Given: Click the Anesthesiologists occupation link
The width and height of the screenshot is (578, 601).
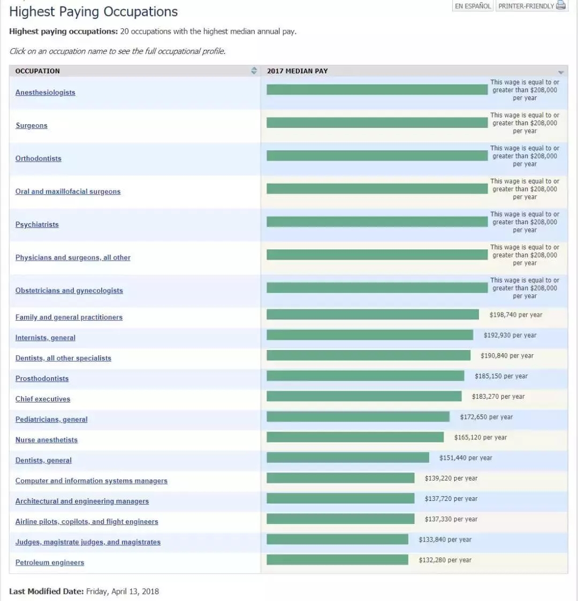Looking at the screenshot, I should pyautogui.click(x=45, y=93).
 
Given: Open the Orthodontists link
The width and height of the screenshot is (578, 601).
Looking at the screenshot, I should pyautogui.click(x=38, y=158).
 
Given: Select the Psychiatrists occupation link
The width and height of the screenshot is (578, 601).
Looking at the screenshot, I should pyautogui.click(x=37, y=225).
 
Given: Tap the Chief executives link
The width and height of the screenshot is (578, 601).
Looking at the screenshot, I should pyautogui.click(x=43, y=399).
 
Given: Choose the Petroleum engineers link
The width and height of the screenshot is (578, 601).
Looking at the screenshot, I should pyautogui.click(x=50, y=562).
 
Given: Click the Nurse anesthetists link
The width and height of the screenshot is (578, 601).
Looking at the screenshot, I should pyautogui.click(x=47, y=440).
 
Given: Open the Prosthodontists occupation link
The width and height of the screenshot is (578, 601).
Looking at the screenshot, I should pyautogui.click(x=42, y=379).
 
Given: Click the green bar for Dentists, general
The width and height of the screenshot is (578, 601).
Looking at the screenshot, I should pyautogui.click(x=348, y=458).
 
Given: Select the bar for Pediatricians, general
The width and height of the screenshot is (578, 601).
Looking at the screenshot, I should pyautogui.click(x=358, y=416).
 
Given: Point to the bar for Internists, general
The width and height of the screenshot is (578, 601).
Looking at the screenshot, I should pyautogui.click(x=370, y=335).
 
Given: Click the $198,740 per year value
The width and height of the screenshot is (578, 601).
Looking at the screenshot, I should pyautogui.click(x=515, y=315).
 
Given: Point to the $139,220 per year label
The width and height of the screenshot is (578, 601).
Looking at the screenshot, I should pyautogui.click(x=451, y=478).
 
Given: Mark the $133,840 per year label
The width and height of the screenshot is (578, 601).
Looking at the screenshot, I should pyautogui.click(x=445, y=539).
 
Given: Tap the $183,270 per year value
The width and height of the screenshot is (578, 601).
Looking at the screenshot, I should pyautogui.click(x=498, y=397).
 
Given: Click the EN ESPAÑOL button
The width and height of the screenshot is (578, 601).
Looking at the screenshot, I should pyautogui.click(x=473, y=6).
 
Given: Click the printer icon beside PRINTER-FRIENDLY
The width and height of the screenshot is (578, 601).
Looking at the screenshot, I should pyautogui.click(x=561, y=5).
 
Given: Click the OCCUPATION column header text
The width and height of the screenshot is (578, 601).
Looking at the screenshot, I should pyautogui.click(x=37, y=71).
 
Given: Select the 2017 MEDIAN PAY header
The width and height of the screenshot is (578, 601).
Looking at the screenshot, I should pyautogui.click(x=297, y=71).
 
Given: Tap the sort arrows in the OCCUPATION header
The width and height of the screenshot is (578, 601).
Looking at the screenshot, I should pyautogui.click(x=254, y=71).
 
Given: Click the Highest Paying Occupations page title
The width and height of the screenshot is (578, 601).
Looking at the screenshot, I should pyautogui.click(x=94, y=12).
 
